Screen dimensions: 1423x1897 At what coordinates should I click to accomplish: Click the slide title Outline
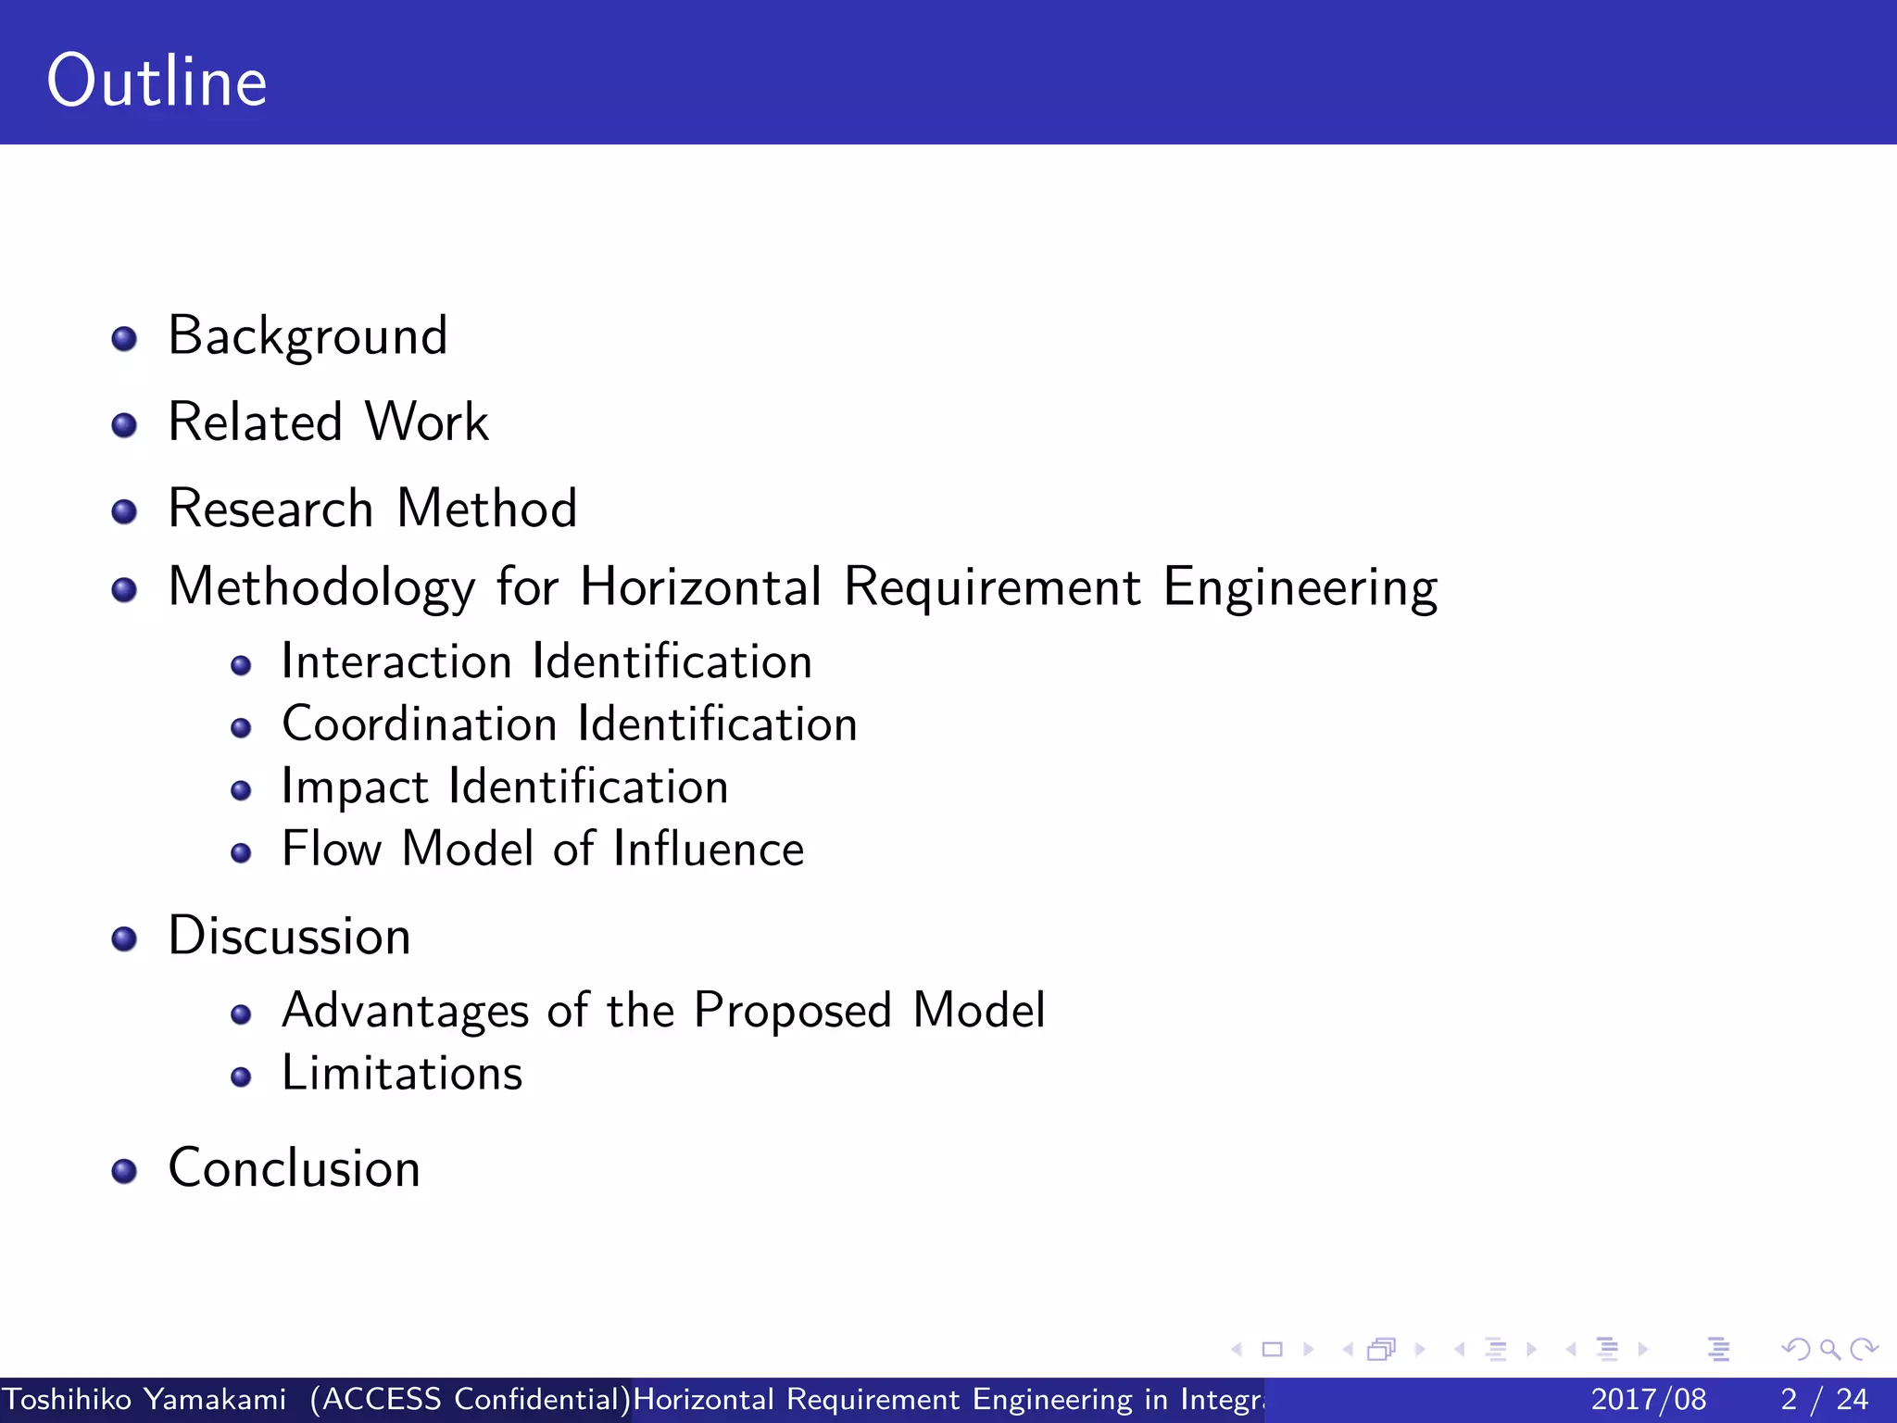click(157, 82)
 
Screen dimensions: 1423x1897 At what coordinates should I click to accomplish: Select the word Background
click(308, 336)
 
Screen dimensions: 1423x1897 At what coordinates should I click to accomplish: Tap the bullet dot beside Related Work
click(124, 426)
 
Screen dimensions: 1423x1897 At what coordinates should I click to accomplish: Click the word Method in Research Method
click(487, 509)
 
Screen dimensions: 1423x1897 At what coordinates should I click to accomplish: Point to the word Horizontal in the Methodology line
click(701, 587)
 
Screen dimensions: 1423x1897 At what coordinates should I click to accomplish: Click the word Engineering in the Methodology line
click(1300, 587)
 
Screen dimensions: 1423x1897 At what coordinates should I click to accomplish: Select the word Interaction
click(396, 661)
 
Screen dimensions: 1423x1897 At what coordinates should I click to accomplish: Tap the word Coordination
click(420, 724)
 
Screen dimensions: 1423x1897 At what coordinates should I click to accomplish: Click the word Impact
click(355, 787)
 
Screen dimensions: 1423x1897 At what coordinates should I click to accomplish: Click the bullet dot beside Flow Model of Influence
click(242, 853)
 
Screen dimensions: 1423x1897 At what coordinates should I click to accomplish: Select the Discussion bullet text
click(289, 936)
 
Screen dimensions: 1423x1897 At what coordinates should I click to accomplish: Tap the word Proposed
click(793, 1011)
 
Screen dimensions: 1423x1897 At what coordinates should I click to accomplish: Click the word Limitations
click(402, 1073)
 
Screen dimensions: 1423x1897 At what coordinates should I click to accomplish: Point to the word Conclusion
click(295, 1168)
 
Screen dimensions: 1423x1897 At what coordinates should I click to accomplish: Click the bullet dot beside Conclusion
click(124, 1172)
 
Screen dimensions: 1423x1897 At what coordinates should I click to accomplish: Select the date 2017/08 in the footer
click(1648, 1399)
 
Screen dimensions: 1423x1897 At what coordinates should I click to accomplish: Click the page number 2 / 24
click(1824, 1399)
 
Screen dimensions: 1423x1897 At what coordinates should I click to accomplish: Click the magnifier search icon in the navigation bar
click(1829, 1349)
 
